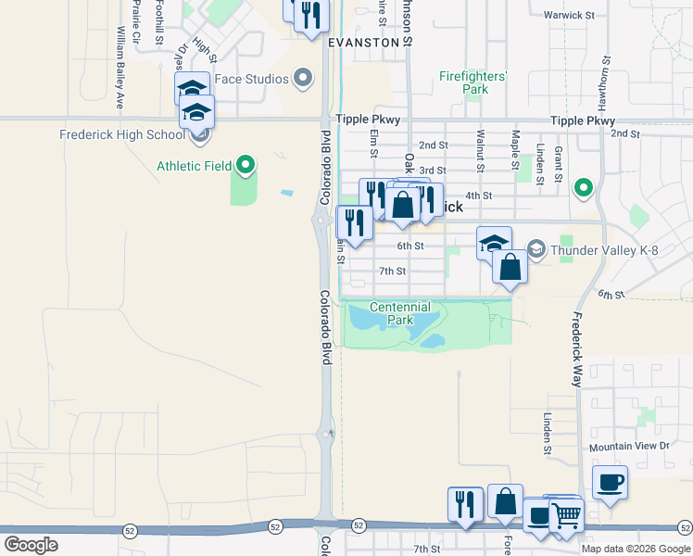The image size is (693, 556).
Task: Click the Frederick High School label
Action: [122, 134]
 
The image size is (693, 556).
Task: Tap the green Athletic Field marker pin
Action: [246, 165]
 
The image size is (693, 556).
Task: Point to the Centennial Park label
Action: [400, 313]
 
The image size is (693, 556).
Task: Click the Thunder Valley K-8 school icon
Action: [536, 248]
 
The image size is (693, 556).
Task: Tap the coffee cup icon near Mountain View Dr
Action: [610, 482]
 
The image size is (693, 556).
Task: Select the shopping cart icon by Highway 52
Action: [566, 515]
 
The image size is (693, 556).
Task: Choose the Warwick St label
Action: [569, 15]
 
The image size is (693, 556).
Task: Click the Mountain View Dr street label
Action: [629, 446]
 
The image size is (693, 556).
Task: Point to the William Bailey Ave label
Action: [120, 54]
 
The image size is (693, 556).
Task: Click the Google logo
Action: [31, 545]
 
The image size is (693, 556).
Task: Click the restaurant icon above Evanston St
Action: [311, 16]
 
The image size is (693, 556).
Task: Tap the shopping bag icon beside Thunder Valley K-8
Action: [510, 267]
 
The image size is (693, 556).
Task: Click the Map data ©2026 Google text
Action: [636, 549]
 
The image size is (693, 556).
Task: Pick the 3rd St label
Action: [433, 171]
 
